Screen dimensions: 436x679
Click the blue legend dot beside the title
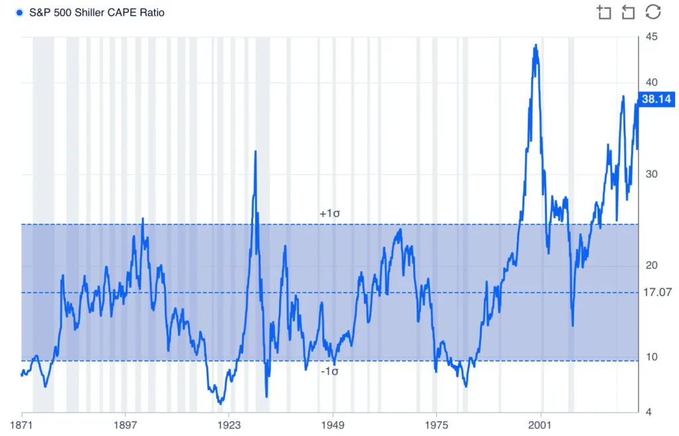point(19,13)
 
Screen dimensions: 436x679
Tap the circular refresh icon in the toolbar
point(653,12)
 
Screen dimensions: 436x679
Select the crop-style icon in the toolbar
point(604,12)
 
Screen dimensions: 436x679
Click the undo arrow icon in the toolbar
point(628,12)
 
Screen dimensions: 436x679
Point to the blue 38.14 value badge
point(656,99)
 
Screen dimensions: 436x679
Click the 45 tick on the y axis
point(651,36)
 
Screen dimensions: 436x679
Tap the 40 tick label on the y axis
point(651,83)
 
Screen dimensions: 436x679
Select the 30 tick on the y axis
point(651,174)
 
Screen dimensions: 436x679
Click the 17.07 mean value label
point(657,292)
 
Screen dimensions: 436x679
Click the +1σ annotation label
point(330,214)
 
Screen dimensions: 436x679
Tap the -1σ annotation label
point(330,372)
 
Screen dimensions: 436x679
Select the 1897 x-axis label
point(125,423)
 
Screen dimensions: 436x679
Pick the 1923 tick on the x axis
point(229,423)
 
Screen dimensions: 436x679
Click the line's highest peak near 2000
point(535,46)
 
